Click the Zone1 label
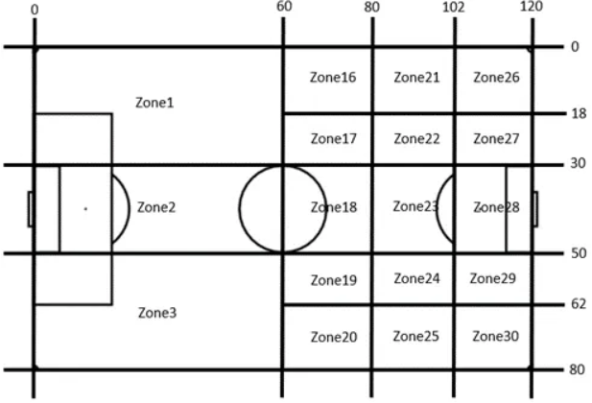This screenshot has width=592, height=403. (155, 102)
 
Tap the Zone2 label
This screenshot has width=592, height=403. (156, 206)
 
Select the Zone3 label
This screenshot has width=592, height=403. (156, 313)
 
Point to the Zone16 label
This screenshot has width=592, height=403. (333, 78)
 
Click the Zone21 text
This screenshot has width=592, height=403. (416, 78)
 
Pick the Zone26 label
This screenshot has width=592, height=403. (496, 78)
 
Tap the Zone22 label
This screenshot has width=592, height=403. (416, 139)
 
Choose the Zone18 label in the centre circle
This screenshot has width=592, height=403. (333, 206)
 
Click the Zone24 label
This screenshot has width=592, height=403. (416, 279)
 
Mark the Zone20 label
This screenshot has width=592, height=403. (333, 337)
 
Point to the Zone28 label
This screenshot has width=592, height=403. (496, 207)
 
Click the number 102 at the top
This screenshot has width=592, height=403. (454, 8)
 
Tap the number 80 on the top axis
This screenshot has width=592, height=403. (372, 8)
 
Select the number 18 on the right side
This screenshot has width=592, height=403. (579, 113)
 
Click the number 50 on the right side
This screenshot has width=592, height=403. (579, 253)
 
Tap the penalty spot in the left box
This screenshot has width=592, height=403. (84, 208)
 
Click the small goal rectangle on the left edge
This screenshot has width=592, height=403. (31, 208)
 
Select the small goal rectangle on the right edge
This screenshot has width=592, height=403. (534, 208)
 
